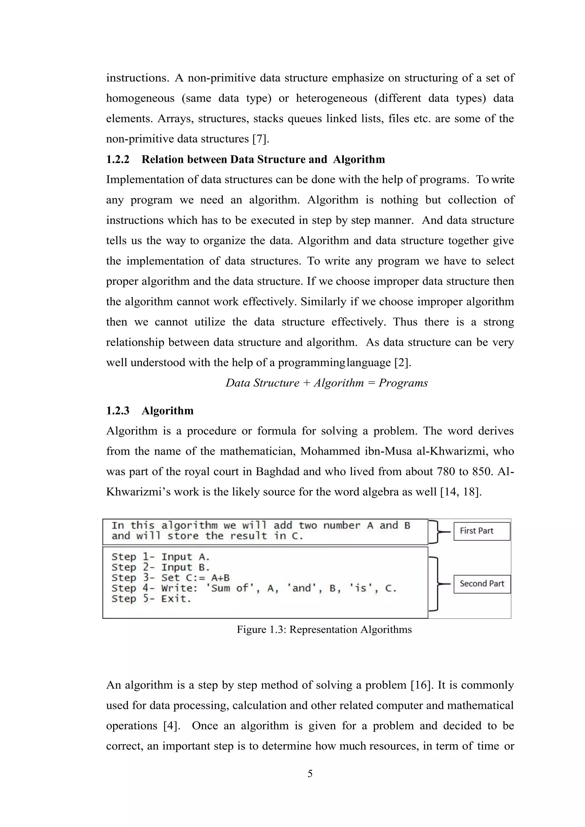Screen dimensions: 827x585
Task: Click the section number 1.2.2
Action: pyautogui.click(x=117, y=160)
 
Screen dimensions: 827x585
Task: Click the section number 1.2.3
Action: pyautogui.click(x=117, y=411)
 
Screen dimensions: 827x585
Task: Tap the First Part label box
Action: pyautogui.click(x=482, y=531)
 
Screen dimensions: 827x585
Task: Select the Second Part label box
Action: pyautogui.click(x=482, y=584)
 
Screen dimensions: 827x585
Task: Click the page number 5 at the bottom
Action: pyautogui.click(x=310, y=773)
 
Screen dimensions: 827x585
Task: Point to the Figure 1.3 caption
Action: pyautogui.click(x=324, y=630)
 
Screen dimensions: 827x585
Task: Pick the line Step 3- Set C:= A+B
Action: pyautogui.click(x=170, y=578)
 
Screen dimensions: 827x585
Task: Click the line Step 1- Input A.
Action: pyautogui.click(x=161, y=557)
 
